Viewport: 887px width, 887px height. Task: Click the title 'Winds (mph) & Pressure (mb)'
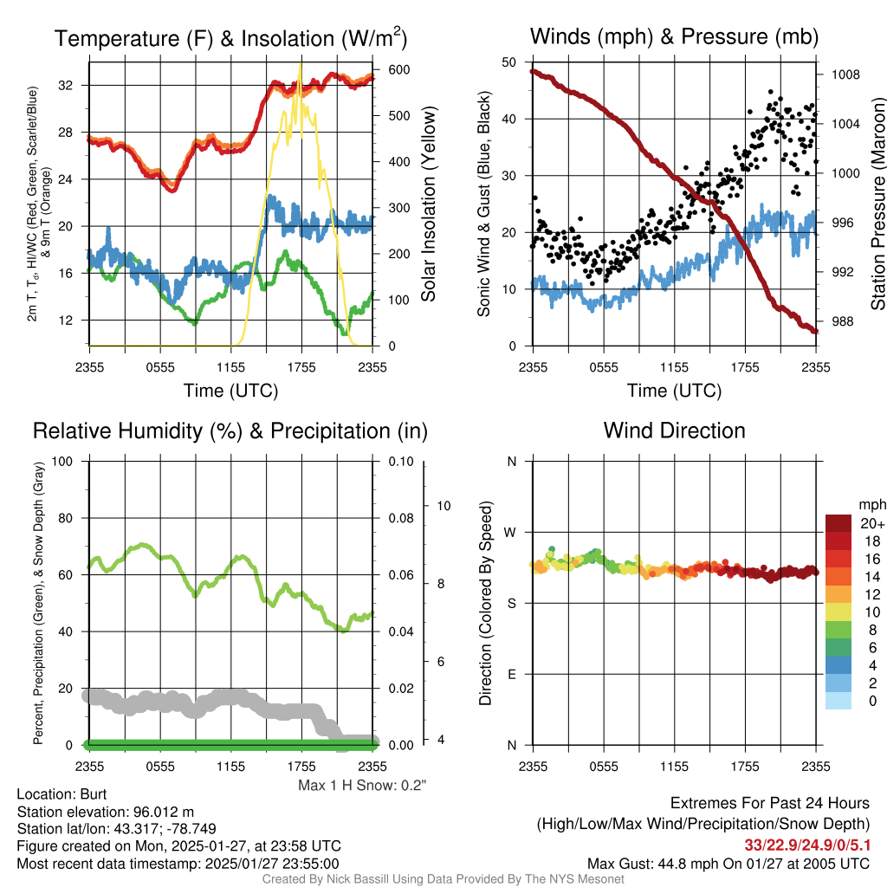pyautogui.click(x=674, y=36)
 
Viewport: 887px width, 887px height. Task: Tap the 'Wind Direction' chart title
pyautogui.click(x=674, y=431)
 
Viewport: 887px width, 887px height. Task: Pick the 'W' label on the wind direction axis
pyautogui.click(x=511, y=532)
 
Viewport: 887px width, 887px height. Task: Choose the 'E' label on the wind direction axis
pyautogui.click(x=511, y=674)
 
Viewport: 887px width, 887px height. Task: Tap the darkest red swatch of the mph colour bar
pyautogui.click(x=838, y=523)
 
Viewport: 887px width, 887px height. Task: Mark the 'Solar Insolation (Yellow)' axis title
pyautogui.click(x=428, y=204)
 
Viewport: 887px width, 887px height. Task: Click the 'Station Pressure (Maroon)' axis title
pyautogui.click(x=877, y=204)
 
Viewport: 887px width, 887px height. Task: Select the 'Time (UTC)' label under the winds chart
pyautogui.click(x=674, y=391)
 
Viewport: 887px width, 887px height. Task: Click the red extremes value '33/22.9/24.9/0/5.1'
pyautogui.click(x=806, y=844)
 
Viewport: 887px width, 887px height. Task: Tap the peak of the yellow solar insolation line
pyautogui.click(x=301, y=62)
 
